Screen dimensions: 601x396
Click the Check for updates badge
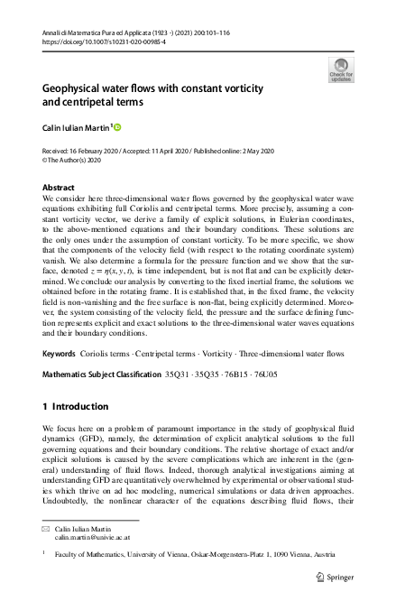click(341, 69)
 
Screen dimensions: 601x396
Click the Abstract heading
click(60, 187)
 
